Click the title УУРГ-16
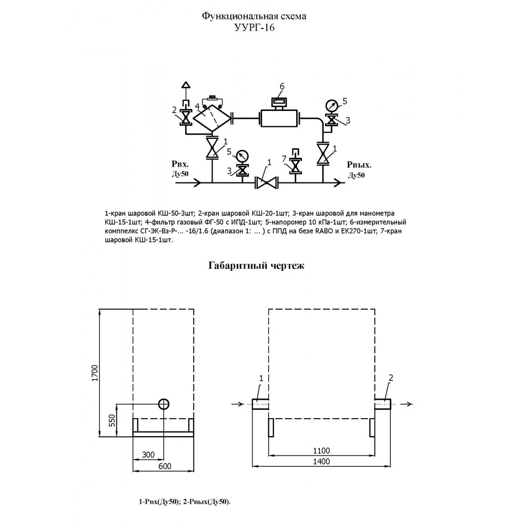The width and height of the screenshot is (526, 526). [254, 27]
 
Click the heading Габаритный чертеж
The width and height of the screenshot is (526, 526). [256, 266]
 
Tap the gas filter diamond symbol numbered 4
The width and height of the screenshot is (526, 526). [213, 118]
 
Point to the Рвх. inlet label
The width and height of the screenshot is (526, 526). [180, 164]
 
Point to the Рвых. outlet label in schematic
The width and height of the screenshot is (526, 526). [359, 165]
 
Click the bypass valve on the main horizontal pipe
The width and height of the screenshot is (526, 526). [266, 183]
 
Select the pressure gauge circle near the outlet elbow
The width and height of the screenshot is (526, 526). [332, 105]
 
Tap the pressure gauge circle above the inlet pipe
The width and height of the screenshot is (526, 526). [242, 156]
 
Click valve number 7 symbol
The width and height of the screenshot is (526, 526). [296, 165]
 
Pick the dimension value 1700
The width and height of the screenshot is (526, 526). [95, 373]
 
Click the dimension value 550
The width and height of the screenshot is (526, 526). [112, 421]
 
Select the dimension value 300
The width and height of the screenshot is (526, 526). [148, 454]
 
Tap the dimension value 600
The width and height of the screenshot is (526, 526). [165, 466]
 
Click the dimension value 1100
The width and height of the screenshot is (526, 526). [321, 451]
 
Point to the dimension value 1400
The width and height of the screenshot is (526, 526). [321, 462]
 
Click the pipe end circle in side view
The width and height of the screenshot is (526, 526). [164, 404]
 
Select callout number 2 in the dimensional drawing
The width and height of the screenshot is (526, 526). [391, 378]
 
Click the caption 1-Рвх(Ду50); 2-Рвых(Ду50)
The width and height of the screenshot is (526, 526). [185, 502]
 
